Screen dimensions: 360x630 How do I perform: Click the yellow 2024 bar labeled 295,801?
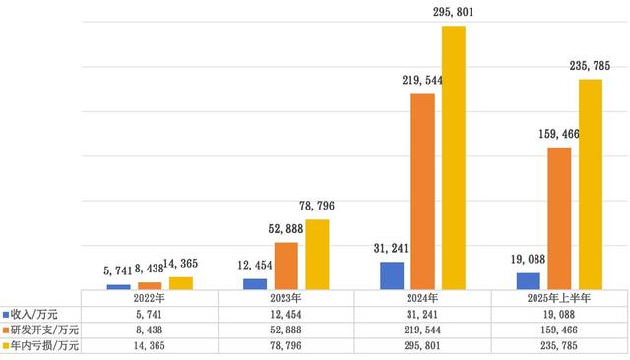point(453,157)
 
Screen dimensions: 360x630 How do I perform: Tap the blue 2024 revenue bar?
point(392,275)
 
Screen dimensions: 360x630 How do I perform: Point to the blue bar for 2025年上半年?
point(529,280)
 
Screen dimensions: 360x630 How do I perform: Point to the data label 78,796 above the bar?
point(317,206)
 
